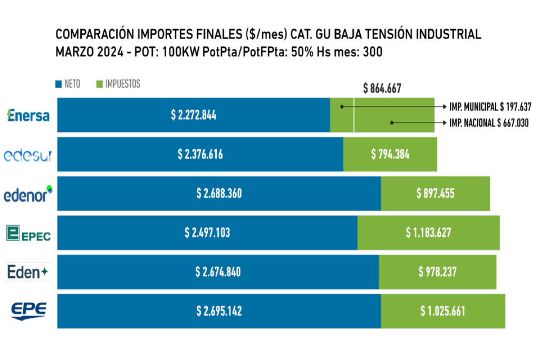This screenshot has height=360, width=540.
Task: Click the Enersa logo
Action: (28, 115)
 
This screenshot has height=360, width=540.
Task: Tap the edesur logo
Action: (28, 155)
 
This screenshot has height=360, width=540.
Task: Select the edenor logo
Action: (28, 194)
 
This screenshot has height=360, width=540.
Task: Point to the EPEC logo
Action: (28, 233)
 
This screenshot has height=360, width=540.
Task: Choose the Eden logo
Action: (28, 272)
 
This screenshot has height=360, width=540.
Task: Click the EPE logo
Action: (28, 311)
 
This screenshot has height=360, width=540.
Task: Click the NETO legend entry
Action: (68, 84)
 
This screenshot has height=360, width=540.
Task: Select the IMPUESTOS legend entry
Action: (118, 84)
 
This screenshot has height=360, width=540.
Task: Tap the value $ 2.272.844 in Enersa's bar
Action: (194, 115)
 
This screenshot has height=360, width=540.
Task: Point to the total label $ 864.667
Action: (382, 89)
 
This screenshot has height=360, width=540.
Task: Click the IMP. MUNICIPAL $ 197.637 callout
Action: (490, 106)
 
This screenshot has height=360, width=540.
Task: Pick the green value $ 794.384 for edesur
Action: (390, 154)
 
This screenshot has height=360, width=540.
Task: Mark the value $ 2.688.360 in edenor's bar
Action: (219, 193)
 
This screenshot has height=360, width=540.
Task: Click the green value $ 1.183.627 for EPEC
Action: (428, 232)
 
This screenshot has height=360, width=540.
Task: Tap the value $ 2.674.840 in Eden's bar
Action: (218, 272)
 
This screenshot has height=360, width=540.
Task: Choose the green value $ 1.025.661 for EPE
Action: (442, 311)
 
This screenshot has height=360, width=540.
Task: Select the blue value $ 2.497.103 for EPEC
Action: (207, 232)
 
